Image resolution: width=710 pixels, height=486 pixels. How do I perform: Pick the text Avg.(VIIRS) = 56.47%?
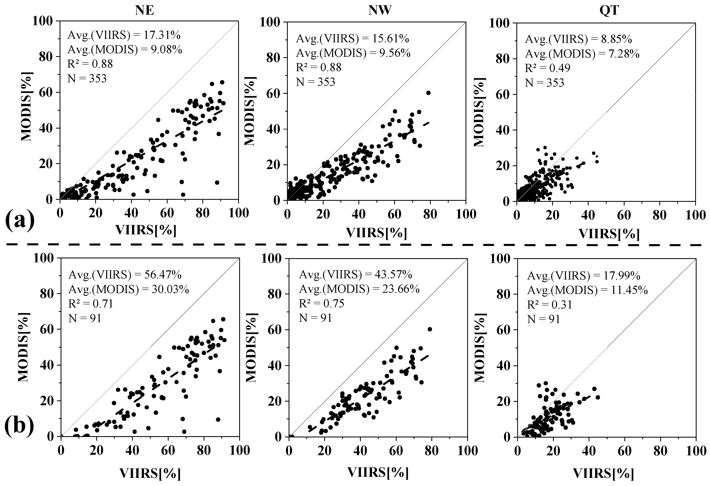point(125,275)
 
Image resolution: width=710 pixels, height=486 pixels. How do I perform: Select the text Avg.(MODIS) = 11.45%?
point(587,290)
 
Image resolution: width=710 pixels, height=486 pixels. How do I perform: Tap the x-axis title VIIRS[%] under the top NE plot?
point(146,230)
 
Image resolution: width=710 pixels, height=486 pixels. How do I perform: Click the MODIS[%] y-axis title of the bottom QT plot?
point(480,347)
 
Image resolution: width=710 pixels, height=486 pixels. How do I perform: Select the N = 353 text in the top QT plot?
point(544,83)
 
